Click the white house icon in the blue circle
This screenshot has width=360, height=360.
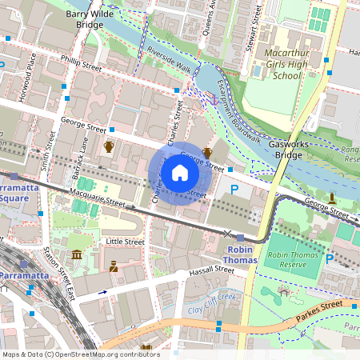[180, 173]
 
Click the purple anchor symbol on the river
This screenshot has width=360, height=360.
[212, 98]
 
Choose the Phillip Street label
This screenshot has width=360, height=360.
[82, 61]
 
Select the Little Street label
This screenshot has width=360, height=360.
[125, 241]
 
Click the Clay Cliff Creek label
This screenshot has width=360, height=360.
[211, 301]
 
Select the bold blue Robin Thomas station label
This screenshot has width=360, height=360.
[240, 254]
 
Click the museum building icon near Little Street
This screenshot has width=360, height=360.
[77, 254]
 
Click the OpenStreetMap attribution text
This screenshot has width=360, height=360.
[80, 354]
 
